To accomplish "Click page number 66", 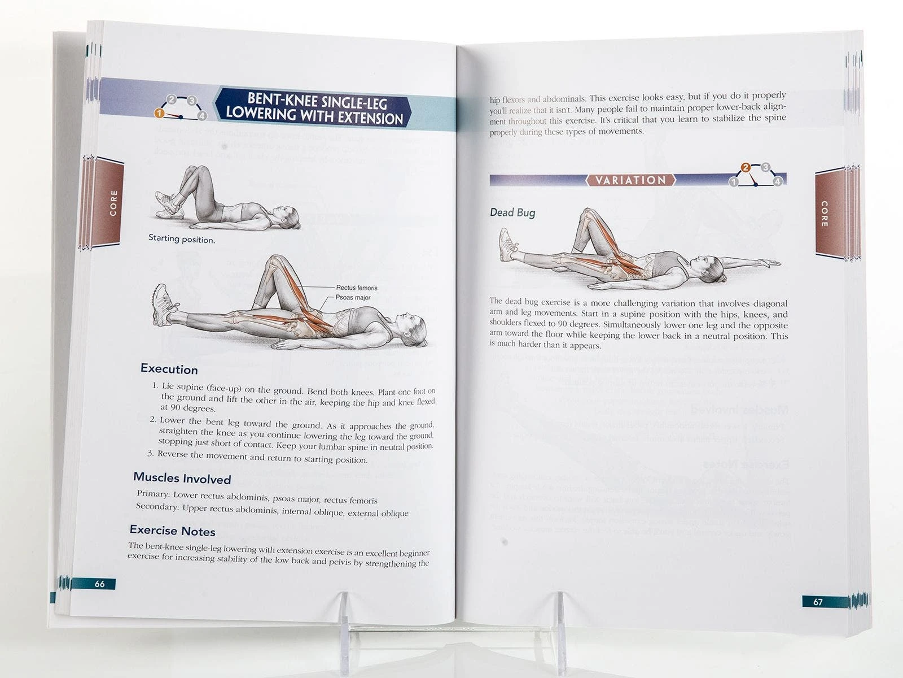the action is tap(99, 584).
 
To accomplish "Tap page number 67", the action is tap(818, 602).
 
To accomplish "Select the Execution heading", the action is tap(169, 369).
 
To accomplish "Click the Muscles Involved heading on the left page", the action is tap(182, 479).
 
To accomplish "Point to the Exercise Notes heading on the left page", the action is tap(172, 531).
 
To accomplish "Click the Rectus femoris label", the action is tap(356, 288).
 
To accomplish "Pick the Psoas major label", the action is tap(353, 297).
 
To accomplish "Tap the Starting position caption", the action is tap(181, 239).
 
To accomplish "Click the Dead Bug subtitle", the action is tap(512, 212).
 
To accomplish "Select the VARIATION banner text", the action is tap(630, 180).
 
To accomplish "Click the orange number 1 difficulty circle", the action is tap(159, 113).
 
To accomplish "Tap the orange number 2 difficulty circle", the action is tap(746, 167).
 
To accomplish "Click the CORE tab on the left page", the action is tap(113, 202).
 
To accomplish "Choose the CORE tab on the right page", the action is tap(824, 214).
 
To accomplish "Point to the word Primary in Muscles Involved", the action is tap(153, 494).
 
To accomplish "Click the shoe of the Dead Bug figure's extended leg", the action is tap(507, 245).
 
